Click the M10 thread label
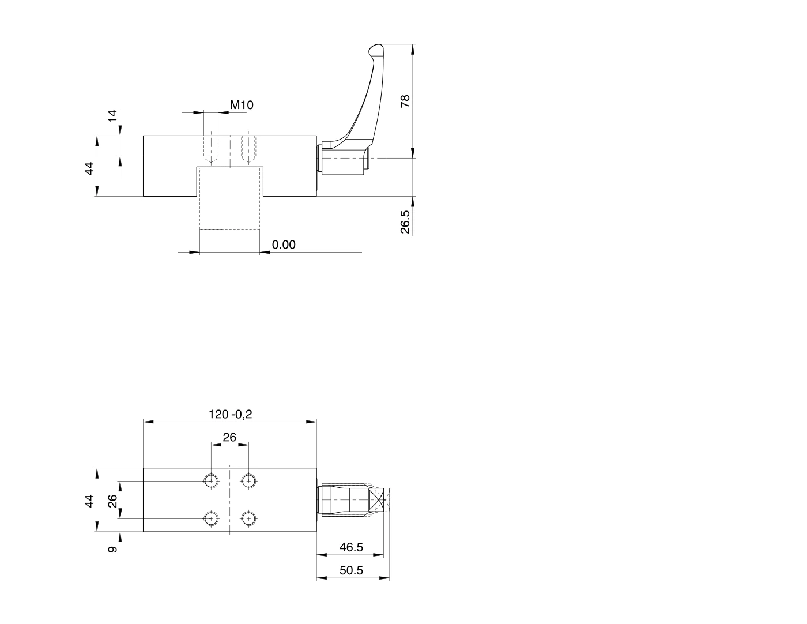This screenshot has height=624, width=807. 242,105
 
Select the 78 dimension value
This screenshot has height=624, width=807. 405,101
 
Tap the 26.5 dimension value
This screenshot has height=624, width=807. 405,221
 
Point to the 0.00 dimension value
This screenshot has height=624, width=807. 284,245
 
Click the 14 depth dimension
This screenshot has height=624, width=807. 112,115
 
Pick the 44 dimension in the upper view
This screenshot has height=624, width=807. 89,168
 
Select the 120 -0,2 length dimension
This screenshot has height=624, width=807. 230,414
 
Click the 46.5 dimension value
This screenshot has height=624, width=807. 351,547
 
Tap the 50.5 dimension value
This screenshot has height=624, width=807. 351,570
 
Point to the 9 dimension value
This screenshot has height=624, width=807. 112,550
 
